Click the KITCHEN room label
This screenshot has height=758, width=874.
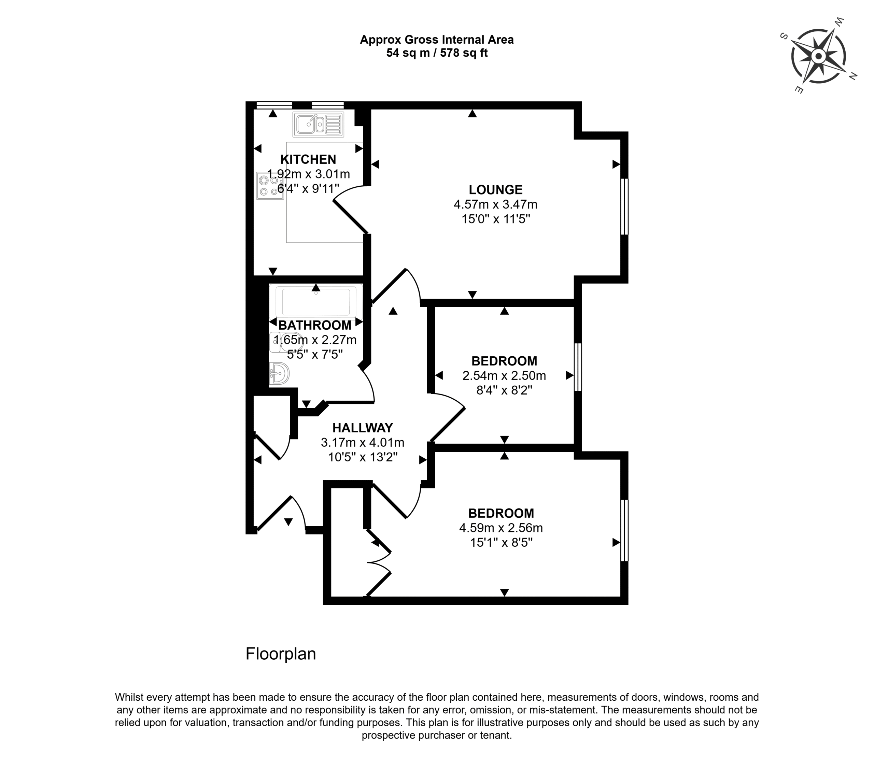coord(308,159)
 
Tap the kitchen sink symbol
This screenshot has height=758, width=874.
coord(318,124)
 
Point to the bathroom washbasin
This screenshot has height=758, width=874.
coord(279,373)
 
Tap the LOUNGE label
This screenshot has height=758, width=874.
coord(495,189)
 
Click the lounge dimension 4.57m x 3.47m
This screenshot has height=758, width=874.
coord(495,205)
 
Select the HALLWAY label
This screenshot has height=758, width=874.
coord(363,428)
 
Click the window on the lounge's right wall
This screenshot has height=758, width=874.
coord(624,206)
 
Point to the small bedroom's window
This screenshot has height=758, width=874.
coord(578,367)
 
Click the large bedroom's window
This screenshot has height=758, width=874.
coord(624,530)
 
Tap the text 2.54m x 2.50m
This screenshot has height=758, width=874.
coord(504,376)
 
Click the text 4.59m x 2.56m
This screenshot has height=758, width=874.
coord(501,528)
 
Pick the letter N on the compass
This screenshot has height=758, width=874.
coord(853,76)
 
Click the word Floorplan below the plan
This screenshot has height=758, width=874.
coord(281,654)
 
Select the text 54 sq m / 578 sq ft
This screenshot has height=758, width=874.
coord(437,53)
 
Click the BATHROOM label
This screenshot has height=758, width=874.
coord(315,325)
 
